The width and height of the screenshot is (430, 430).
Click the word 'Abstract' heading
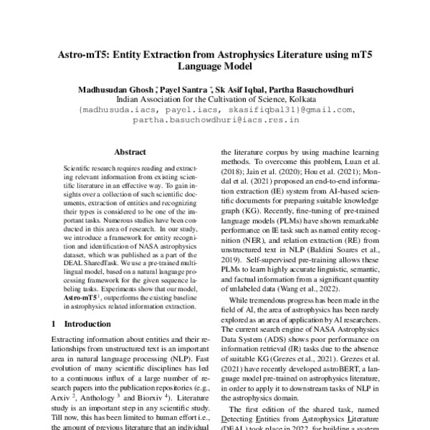[130, 152]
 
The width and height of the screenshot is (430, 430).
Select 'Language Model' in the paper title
[214, 66]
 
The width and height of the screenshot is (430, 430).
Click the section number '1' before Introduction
[54, 324]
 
